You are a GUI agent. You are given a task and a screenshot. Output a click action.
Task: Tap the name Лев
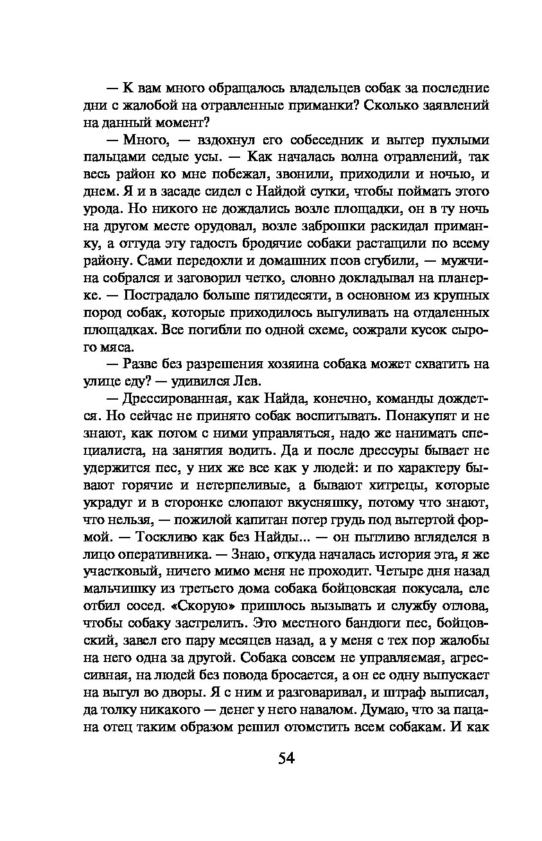click(247, 382)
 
